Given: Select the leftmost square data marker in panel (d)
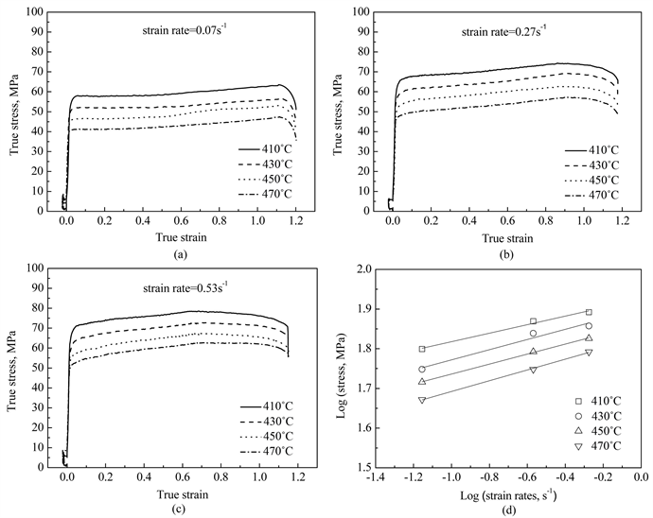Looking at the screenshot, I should (422, 349).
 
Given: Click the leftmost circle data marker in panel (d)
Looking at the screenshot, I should (422, 369).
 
